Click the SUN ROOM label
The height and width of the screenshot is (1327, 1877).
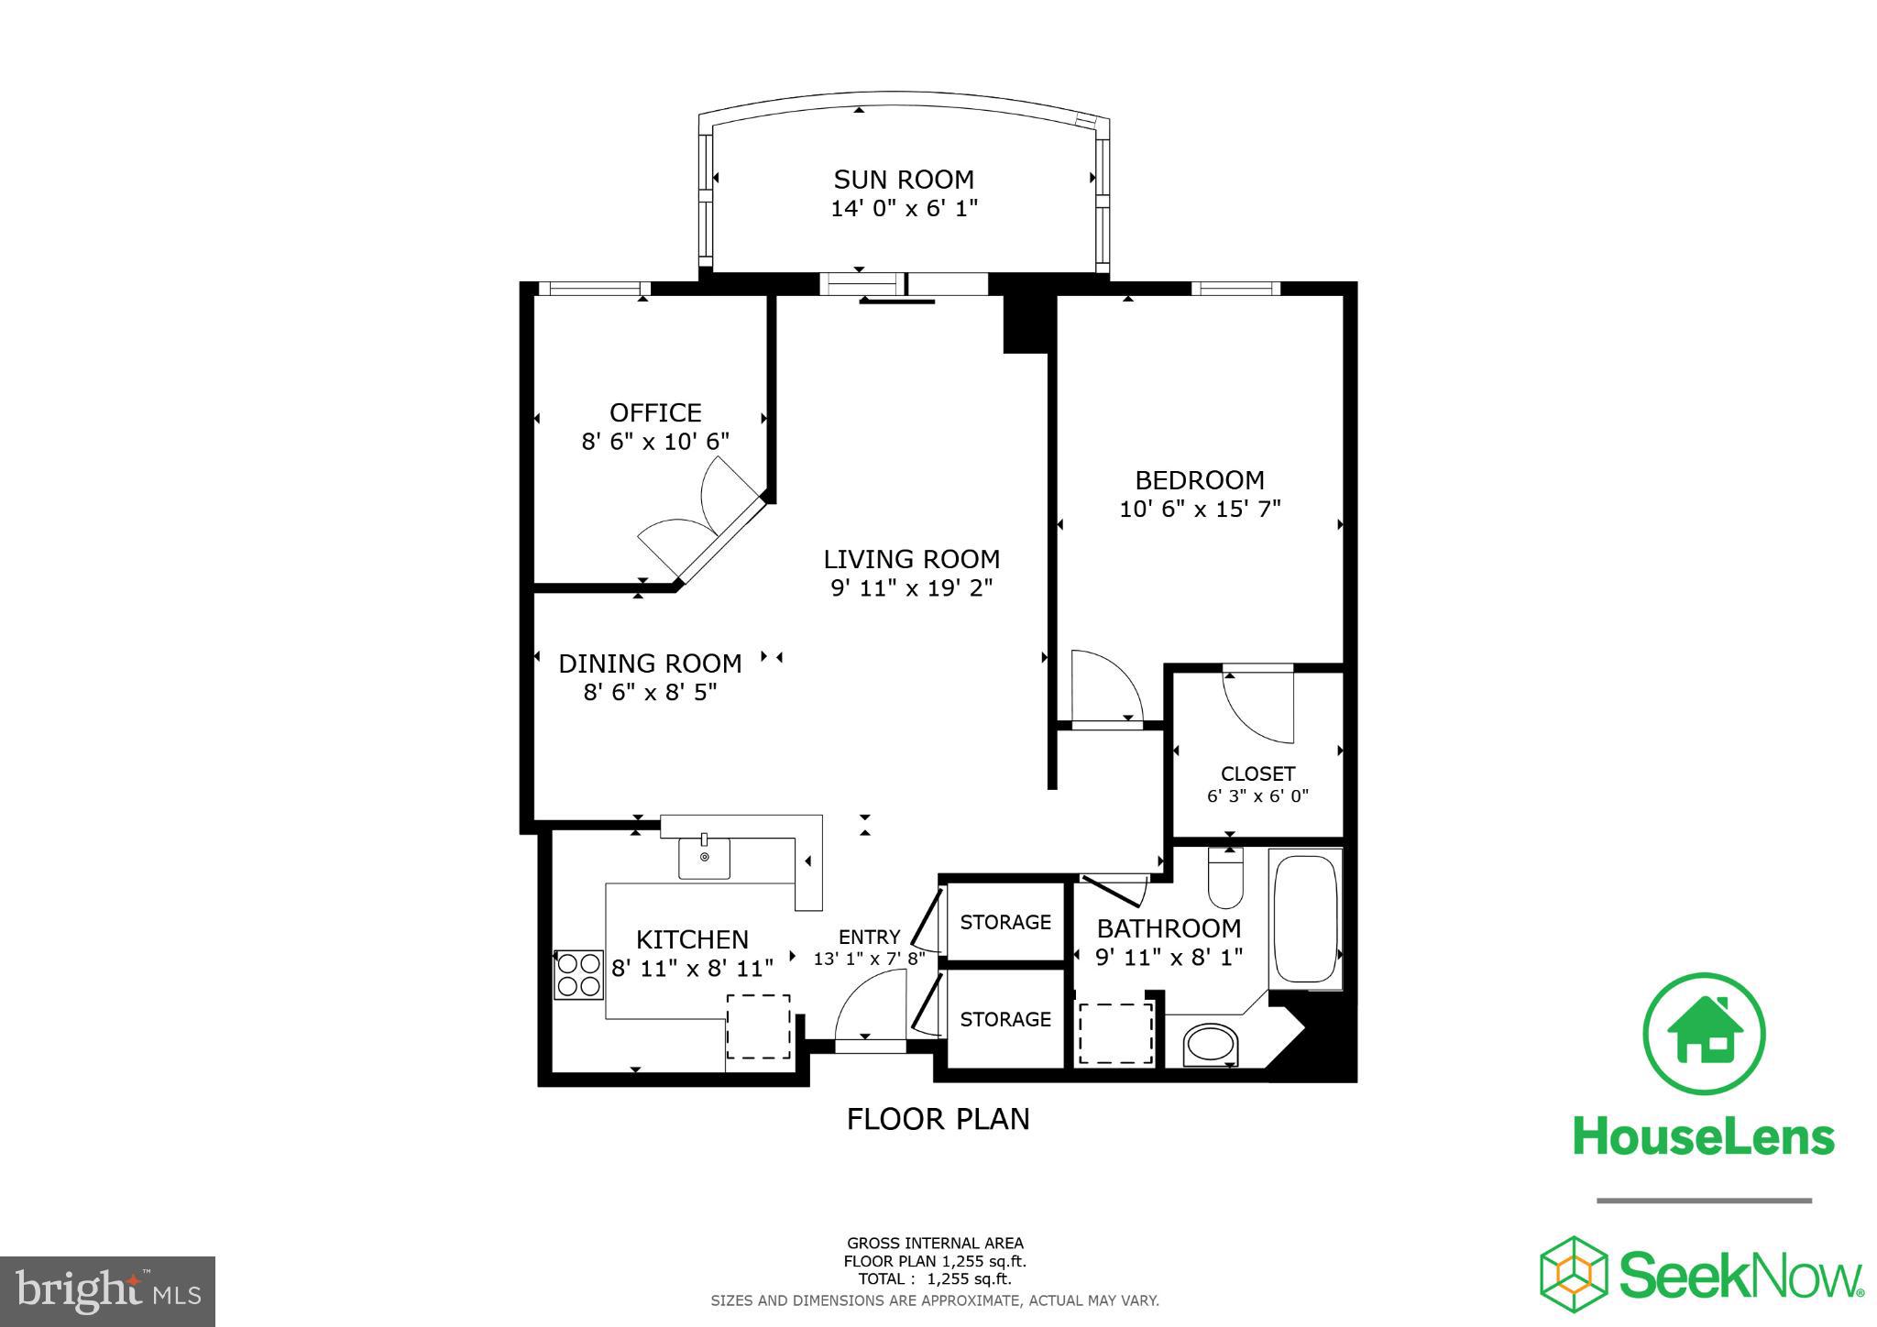coord(903,179)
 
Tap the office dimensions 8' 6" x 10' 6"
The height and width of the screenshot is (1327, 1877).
coord(655,442)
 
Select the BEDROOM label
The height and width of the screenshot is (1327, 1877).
coord(1199,480)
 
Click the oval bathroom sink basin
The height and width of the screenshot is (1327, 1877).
coord(1211,1045)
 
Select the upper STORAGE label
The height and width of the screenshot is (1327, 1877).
coord(1005,922)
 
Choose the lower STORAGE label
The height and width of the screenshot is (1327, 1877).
coord(1005,1019)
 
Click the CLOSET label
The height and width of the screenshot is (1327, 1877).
coord(1257,773)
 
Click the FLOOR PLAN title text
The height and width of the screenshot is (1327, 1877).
coord(938,1119)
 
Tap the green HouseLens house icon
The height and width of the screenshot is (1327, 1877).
coord(1704,1033)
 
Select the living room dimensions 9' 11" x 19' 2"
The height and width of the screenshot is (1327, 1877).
coord(911,587)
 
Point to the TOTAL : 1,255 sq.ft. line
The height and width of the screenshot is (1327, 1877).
coord(934,1278)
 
